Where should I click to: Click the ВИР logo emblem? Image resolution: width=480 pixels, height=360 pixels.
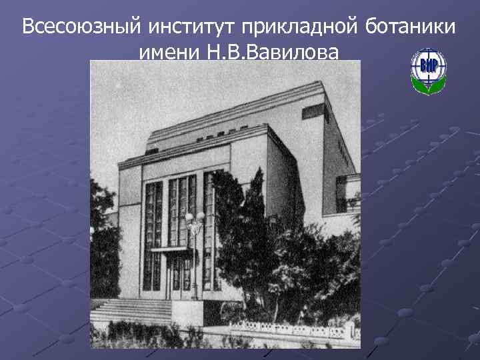428,70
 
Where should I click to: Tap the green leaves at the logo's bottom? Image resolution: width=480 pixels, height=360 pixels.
428,86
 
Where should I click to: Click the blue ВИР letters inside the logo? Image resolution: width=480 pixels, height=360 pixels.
428,65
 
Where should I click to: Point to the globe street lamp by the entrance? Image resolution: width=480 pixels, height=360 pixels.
195,223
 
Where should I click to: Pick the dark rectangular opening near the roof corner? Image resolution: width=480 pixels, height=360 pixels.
313,111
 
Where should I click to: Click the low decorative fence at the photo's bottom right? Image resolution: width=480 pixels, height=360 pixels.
293,328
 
